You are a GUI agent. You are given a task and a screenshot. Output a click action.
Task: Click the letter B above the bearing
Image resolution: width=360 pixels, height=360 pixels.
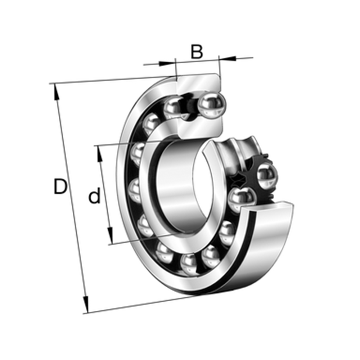coord(197,51)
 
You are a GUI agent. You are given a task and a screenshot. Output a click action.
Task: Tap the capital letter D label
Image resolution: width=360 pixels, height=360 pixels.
coord(60,186)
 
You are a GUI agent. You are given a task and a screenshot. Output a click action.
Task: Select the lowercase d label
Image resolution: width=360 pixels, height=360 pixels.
coord(94,195)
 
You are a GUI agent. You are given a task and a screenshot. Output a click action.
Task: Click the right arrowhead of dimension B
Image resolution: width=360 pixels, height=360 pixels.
coord(228,58)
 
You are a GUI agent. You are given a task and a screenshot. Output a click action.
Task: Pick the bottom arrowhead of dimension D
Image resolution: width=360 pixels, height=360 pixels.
coord(86,305)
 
